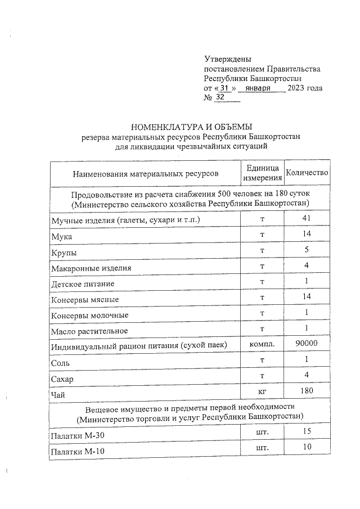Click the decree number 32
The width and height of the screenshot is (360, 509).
[220, 98]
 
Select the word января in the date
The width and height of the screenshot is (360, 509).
[259, 88]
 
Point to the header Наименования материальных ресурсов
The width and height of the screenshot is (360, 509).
[145, 174]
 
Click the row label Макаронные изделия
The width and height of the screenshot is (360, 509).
[91, 268]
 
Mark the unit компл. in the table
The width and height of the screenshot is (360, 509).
[262, 344]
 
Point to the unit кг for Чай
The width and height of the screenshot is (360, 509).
[262, 391]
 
